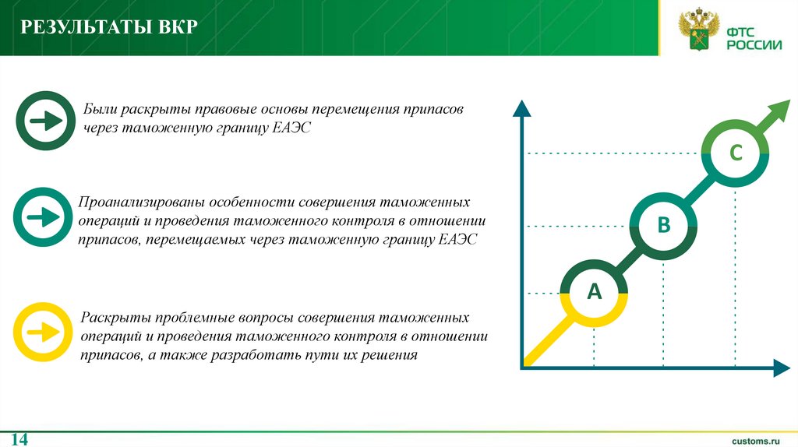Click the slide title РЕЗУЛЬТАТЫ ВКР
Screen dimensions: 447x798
point(109,29)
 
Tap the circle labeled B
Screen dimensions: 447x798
point(663,226)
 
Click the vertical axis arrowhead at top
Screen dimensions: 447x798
point(521,107)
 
